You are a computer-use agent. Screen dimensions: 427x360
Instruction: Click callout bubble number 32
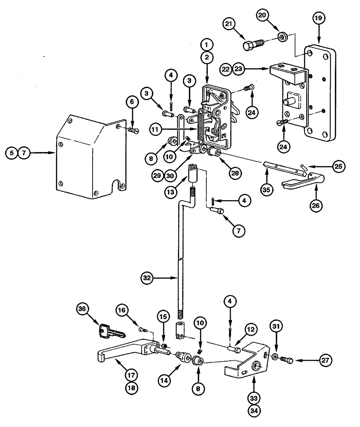(148, 278)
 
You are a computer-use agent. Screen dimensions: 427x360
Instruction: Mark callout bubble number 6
(132, 102)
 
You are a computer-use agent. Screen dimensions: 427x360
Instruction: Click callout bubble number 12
(251, 330)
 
